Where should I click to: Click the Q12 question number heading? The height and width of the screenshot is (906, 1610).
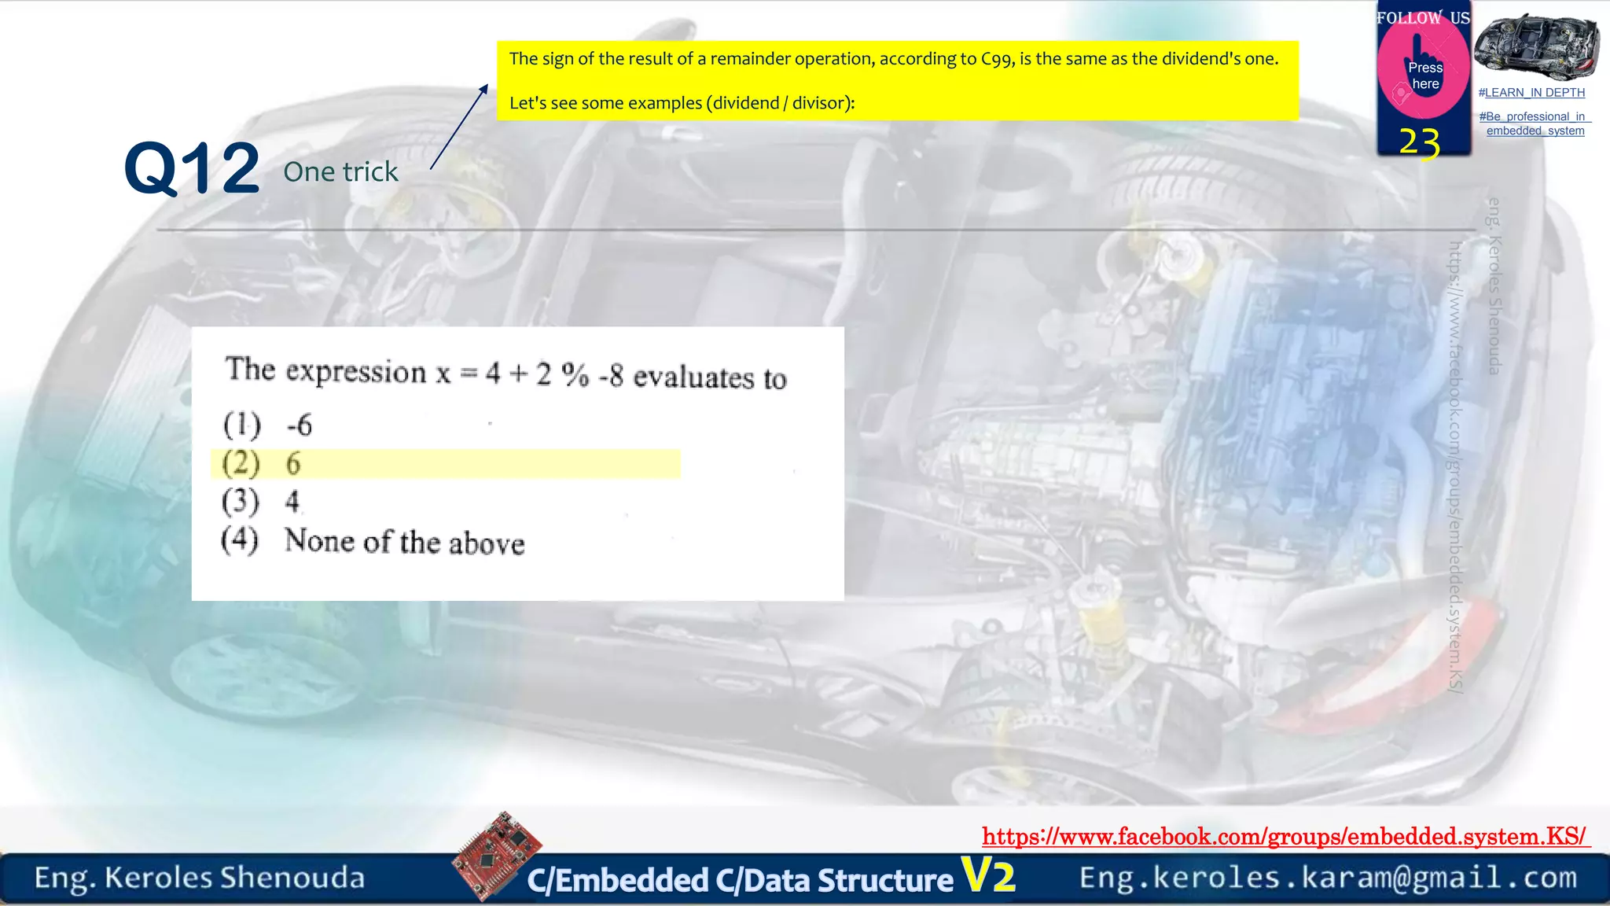(192, 168)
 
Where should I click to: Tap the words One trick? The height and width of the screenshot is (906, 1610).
(340, 171)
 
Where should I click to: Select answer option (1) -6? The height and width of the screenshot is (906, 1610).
(268, 425)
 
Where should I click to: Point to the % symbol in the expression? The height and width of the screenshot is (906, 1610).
(575, 375)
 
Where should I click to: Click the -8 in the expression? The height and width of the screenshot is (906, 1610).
(611, 376)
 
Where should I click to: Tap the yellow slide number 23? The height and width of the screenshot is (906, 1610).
(1419, 143)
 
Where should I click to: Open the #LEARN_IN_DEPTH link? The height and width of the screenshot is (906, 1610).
(1531, 93)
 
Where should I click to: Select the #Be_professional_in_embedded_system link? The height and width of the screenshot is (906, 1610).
(1535, 123)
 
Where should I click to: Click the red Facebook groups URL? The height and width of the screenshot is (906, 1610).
(1285, 836)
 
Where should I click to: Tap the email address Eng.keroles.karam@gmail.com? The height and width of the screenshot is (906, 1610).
(1328, 878)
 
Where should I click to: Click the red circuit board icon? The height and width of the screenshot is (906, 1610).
(496, 854)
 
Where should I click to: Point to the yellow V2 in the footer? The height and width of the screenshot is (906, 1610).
(988, 875)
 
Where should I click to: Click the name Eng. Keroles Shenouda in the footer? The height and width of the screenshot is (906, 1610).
(200, 878)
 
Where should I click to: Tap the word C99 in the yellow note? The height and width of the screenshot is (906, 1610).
(996, 59)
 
